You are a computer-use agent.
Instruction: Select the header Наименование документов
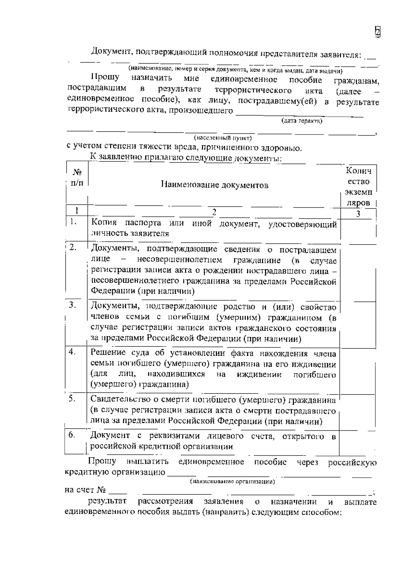click(x=215, y=185)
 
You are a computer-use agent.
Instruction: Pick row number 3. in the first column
click(x=73, y=304)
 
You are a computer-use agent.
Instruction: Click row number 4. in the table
click(x=72, y=352)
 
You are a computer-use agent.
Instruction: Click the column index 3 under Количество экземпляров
click(x=358, y=214)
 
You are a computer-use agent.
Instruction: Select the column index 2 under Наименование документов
click(x=214, y=212)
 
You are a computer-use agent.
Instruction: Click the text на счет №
click(x=85, y=490)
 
